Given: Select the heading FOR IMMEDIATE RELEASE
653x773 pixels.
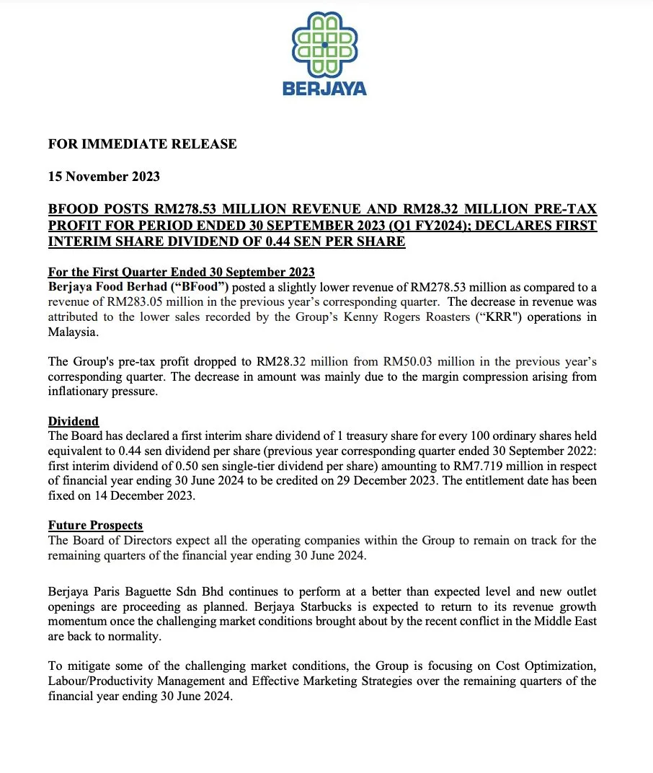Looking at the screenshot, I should [142, 144].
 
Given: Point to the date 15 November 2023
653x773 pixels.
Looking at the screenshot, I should [104, 177].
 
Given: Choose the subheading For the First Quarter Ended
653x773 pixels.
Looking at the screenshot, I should [181, 272].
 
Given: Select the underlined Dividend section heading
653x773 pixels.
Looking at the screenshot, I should [74, 421].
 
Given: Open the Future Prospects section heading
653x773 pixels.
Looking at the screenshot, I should [95, 525].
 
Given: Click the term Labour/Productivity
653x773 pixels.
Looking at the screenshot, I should [104, 680].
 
